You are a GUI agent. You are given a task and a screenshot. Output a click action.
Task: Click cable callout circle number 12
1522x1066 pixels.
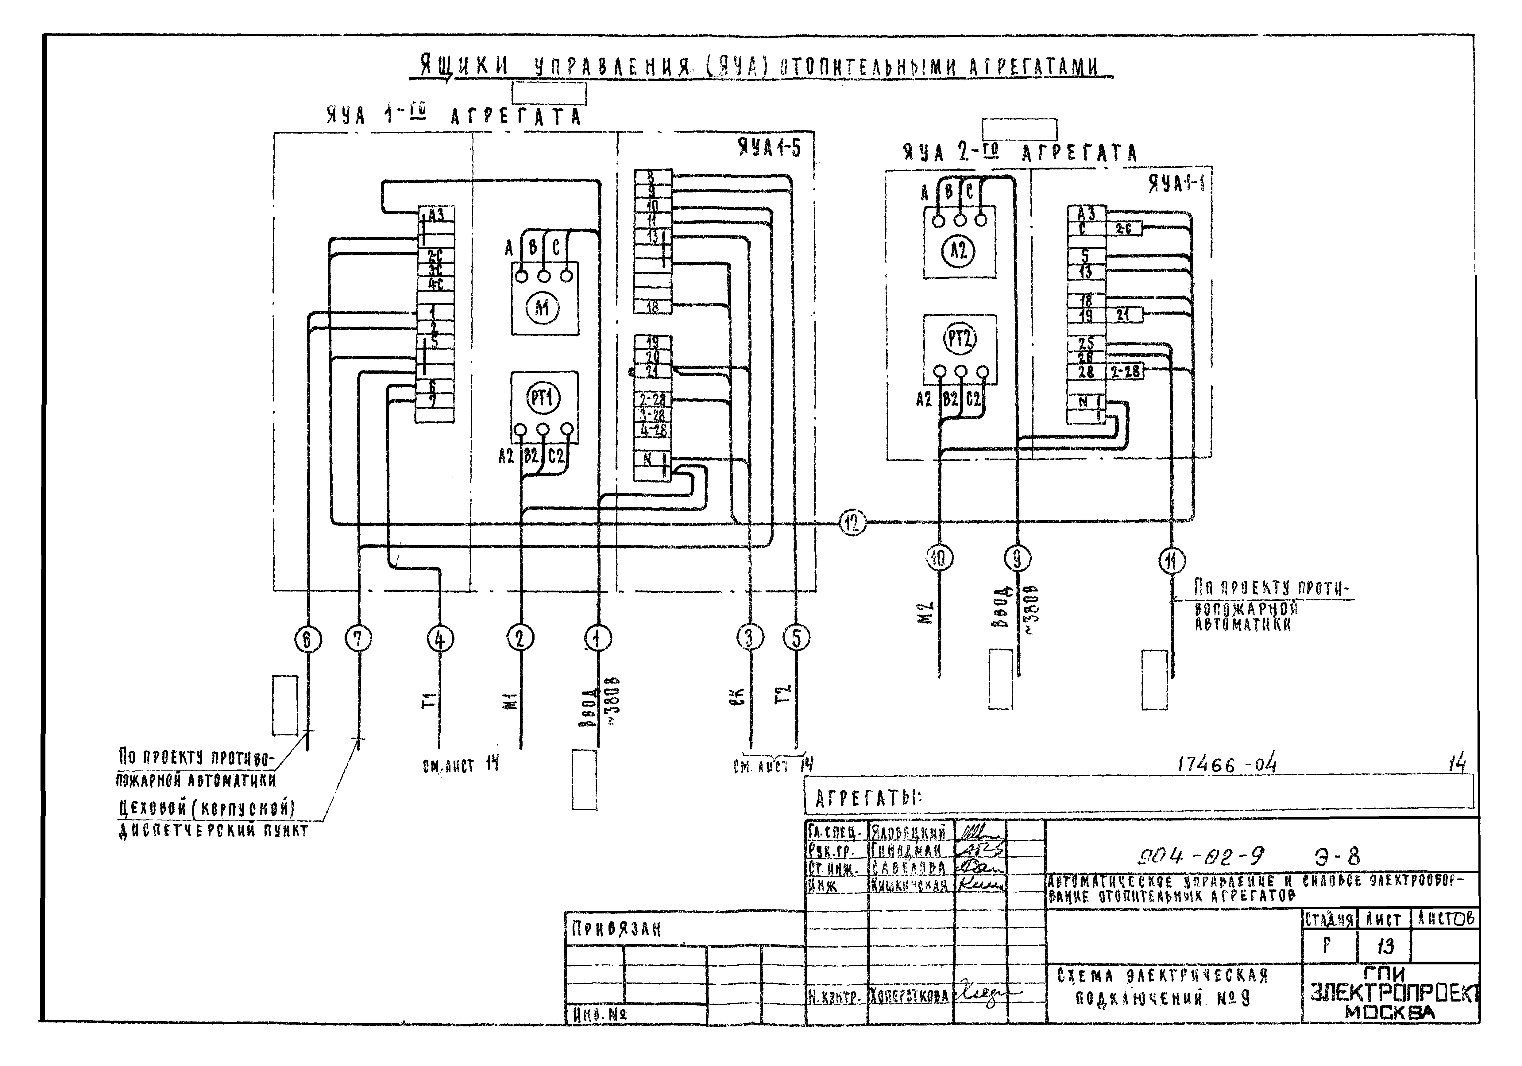[852, 523]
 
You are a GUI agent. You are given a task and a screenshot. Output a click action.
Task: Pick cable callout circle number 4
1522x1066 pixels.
[440, 639]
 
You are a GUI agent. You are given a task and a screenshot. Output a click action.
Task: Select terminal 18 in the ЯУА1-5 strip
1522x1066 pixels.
[652, 307]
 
